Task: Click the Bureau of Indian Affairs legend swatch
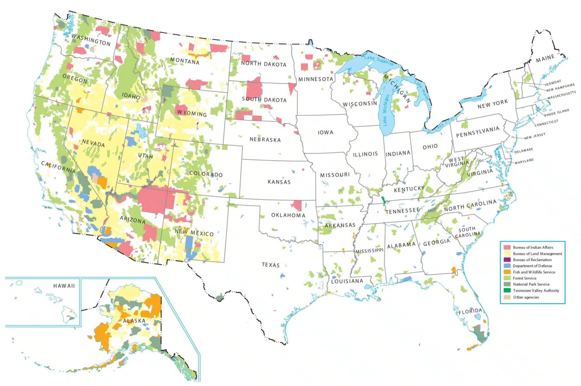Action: (507, 248)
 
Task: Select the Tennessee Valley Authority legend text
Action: (536, 291)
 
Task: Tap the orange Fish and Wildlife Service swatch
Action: (507, 272)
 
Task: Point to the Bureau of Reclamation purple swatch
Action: (507, 260)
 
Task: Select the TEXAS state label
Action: (271, 265)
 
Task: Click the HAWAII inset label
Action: (64, 286)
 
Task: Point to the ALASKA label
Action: (134, 321)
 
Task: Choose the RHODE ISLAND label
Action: (556, 113)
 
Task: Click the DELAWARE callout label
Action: (524, 151)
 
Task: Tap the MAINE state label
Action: (545, 58)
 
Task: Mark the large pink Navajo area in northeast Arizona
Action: (153, 200)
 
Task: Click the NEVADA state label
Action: (93, 143)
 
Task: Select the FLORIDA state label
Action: (470, 311)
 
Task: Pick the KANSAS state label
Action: (279, 182)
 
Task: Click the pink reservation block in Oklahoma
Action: (297, 205)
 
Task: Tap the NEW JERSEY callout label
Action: (535, 136)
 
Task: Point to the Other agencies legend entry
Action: (526, 297)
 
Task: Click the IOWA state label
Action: (325, 132)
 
